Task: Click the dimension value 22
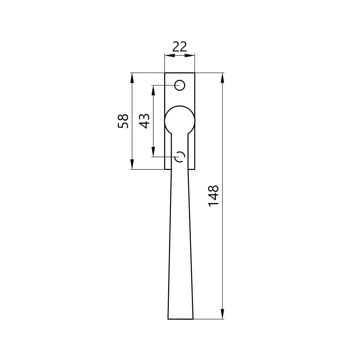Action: (180, 46)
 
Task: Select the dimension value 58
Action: (123, 121)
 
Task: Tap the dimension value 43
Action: (144, 121)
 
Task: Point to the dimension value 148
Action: (213, 195)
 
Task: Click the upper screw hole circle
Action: (180, 85)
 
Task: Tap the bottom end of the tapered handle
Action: (180, 319)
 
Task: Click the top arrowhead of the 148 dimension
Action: (222, 78)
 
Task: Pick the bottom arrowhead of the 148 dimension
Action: (222, 314)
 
